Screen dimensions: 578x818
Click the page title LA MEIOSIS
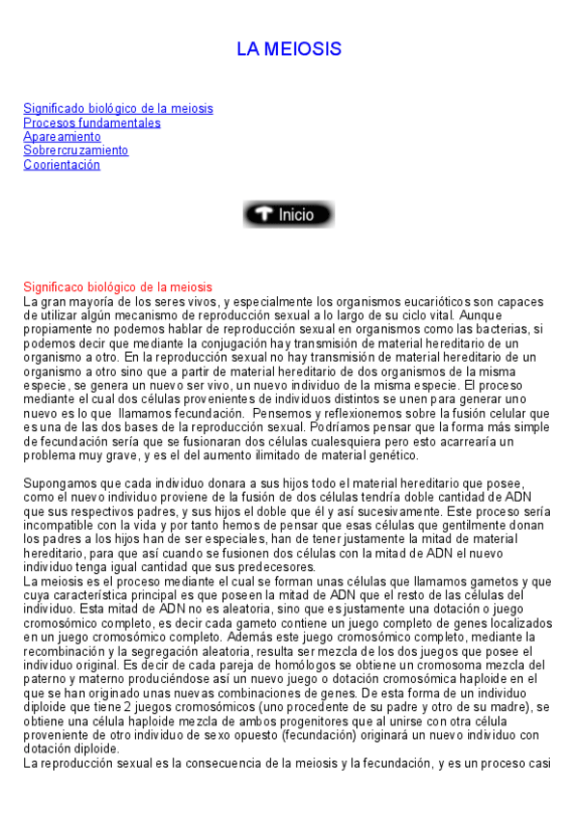point(289,49)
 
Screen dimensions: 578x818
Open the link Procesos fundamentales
point(92,123)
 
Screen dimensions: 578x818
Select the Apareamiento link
point(62,137)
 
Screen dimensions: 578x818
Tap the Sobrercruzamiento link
point(75,150)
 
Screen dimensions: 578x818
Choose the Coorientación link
point(62,165)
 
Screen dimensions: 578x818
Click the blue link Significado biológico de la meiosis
point(118,109)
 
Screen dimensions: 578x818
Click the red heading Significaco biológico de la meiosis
point(118,287)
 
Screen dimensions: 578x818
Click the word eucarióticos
point(404,302)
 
